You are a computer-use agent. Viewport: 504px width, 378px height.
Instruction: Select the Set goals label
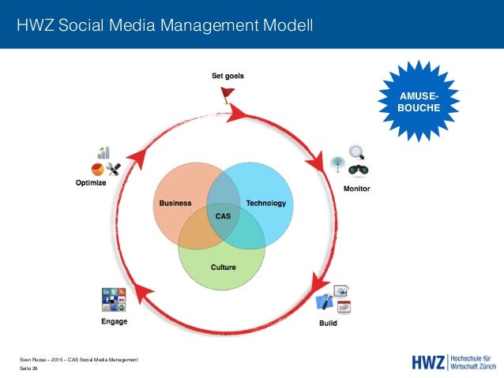[228, 77]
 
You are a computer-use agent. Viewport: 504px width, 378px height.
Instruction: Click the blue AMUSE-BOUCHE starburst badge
[419, 101]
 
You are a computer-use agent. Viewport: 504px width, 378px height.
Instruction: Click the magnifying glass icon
[357, 152]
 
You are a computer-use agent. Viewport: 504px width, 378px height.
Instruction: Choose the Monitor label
[356, 189]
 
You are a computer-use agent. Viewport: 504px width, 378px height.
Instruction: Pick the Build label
[328, 323]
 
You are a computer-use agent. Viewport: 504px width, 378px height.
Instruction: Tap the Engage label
[114, 321]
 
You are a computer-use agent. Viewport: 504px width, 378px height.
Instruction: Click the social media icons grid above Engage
[114, 301]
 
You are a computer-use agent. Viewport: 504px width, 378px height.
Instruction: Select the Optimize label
[92, 184]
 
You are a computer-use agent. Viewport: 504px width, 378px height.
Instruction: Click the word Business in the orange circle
[175, 203]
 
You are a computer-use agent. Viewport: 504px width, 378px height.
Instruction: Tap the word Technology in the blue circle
[265, 203]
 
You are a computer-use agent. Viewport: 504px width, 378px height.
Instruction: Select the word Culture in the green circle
[223, 268]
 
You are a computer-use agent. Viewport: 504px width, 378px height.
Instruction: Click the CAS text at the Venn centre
[223, 215]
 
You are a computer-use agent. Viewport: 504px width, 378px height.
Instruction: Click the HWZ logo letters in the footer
[428, 362]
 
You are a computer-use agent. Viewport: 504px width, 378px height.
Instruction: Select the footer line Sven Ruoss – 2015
[78, 360]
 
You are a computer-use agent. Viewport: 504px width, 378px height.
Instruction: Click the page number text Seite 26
[29, 369]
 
